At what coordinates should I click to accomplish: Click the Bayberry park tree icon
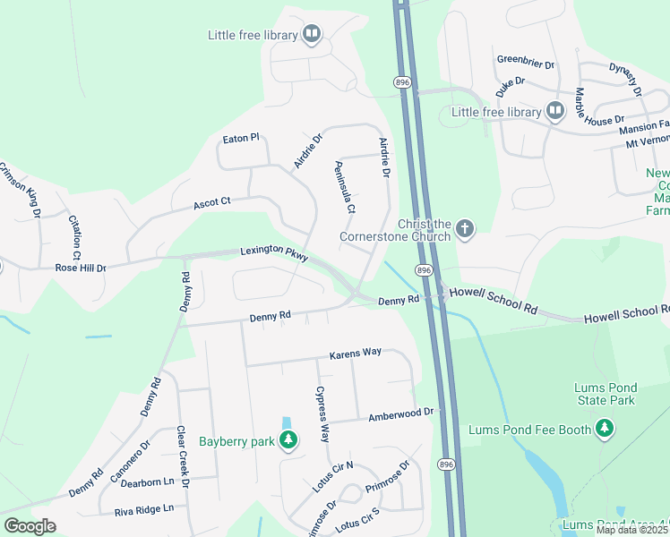[288, 439]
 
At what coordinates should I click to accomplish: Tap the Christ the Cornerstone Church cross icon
[464, 230]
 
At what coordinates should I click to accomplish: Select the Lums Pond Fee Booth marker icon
[606, 430]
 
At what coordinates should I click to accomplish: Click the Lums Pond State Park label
[604, 394]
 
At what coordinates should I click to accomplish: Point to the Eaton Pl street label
[241, 138]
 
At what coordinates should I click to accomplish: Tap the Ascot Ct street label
[212, 204]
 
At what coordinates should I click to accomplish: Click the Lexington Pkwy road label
[273, 254]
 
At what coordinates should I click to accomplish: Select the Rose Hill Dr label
[81, 268]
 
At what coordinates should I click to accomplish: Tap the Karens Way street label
[355, 353]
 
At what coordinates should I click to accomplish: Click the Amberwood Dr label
[400, 415]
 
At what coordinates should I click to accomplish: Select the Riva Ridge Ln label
[143, 509]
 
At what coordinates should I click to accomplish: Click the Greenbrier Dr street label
[526, 64]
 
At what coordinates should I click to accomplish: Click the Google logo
[30, 525]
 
